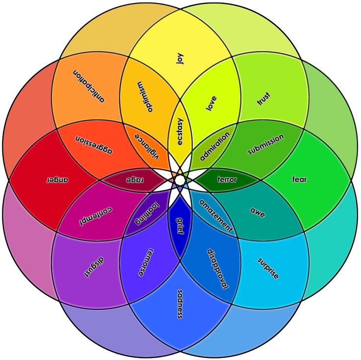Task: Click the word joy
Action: pyautogui.click(x=180, y=58)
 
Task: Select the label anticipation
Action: pyautogui.click(x=89, y=85)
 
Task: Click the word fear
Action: pyautogui.click(x=299, y=180)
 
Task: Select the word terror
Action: pyautogui.click(x=227, y=180)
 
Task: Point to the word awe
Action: pyautogui.click(x=258, y=211)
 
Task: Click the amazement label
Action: pyautogui.click(x=216, y=215)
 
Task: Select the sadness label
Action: pyautogui.click(x=180, y=304)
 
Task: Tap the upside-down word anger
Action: pyautogui.click(x=57, y=180)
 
